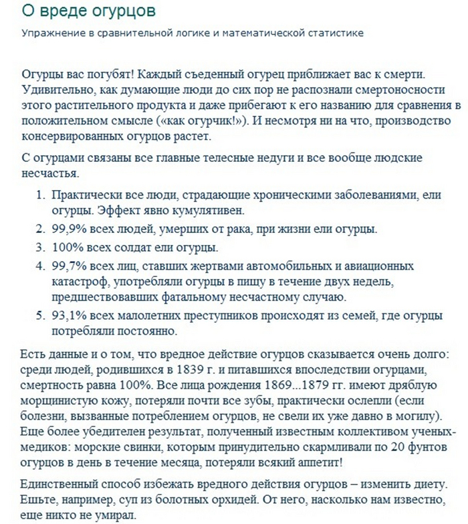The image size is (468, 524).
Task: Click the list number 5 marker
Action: [x=39, y=316]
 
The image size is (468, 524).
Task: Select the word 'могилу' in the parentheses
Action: [x=411, y=416]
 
